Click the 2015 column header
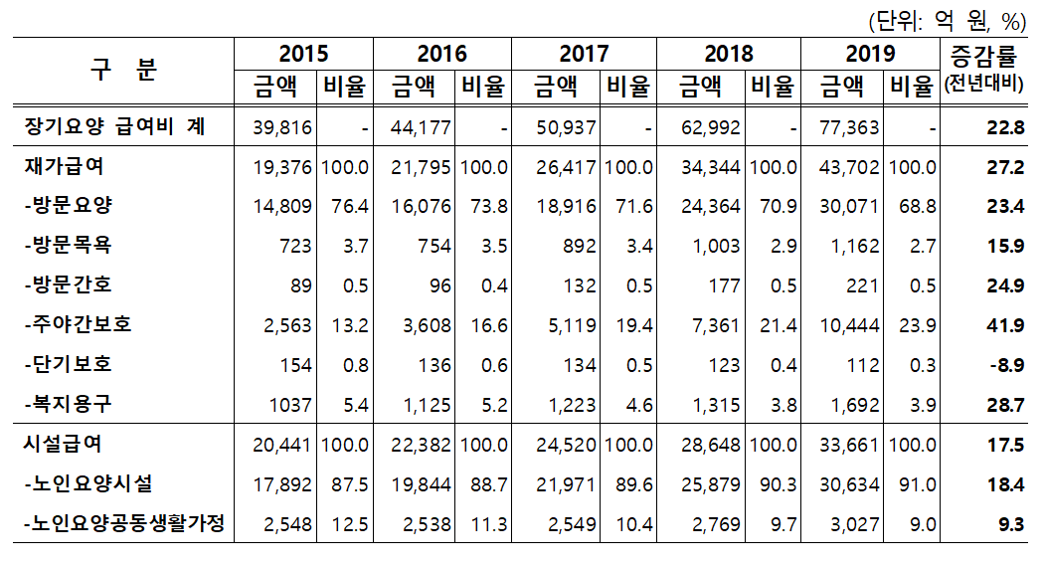tap(303, 53)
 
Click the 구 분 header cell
tap(123, 69)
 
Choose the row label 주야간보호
tap(78, 324)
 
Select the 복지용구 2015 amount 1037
tap(290, 405)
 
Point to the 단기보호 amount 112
tap(863, 365)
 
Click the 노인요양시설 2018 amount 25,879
tap(708, 484)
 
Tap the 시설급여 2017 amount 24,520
tap(565, 445)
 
